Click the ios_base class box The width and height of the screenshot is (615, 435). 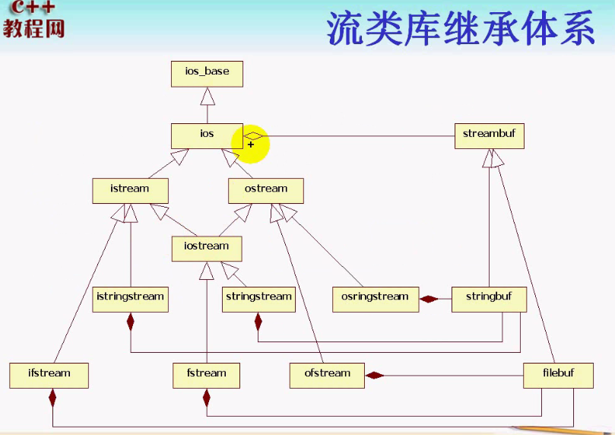pyautogui.click(x=207, y=74)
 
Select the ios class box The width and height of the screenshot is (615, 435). pyautogui.click(x=207, y=136)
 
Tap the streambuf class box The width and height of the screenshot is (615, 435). pyautogui.click(x=489, y=136)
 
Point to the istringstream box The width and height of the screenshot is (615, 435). pyautogui.click(x=130, y=299)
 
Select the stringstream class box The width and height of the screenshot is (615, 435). pyautogui.click(x=258, y=299)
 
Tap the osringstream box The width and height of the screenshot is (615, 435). pyautogui.click(x=376, y=299)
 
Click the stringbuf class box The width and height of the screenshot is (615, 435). pyautogui.click(x=489, y=299)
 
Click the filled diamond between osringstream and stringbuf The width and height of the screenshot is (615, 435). pyautogui.click(x=430, y=299)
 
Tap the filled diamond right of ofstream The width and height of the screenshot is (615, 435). pyautogui.click(x=374, y=375)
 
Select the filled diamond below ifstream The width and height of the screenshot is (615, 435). pyautogui.click(x=52, y=397)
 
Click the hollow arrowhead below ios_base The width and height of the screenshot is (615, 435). pyautogui.click(x=207, y=97)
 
